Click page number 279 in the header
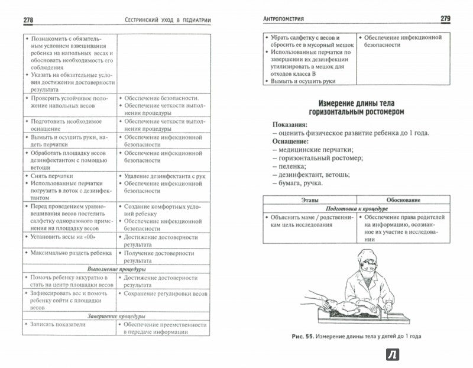pyautogui.click(x=445, y=19)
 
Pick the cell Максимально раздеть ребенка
pyautogui.click(x=69, y=253)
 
